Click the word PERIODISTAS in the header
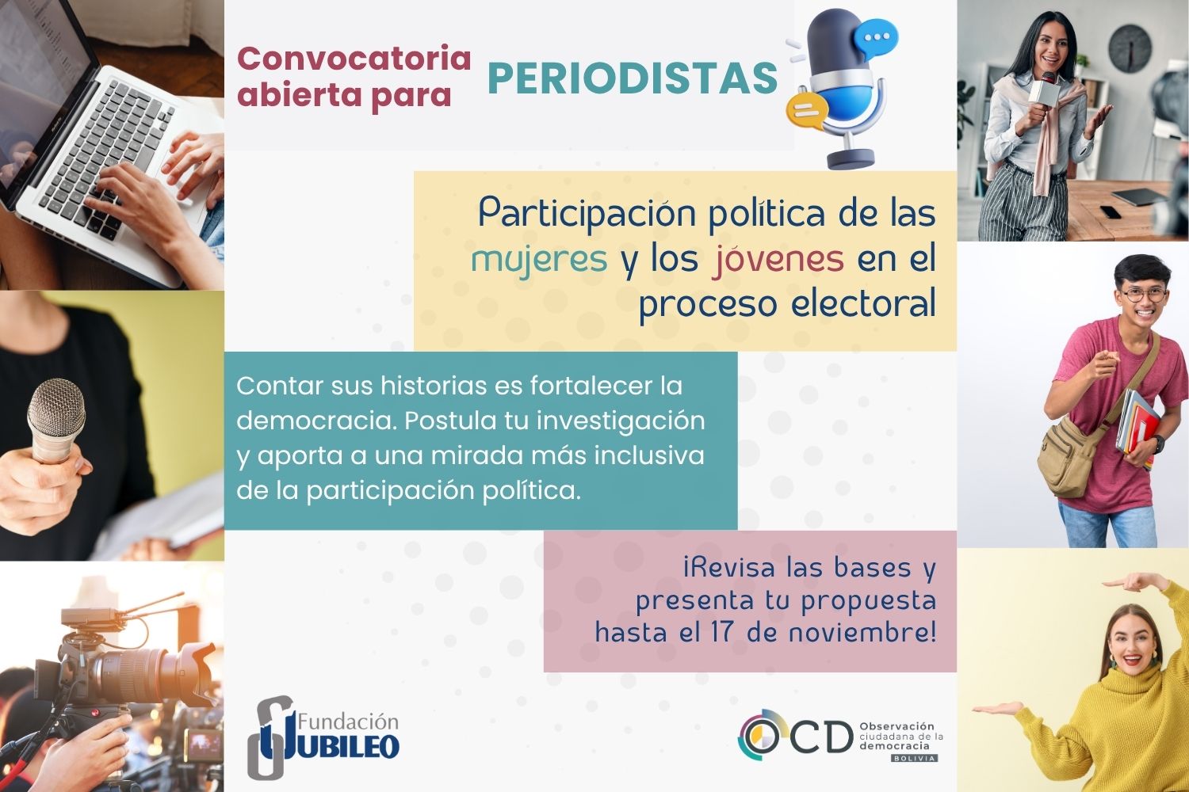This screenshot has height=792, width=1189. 633,78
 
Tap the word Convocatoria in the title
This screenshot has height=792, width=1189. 354,59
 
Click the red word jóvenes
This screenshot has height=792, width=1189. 778,260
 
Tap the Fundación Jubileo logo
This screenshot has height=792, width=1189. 323,737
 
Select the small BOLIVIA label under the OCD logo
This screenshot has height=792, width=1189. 914,758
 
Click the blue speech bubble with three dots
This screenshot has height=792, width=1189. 876,38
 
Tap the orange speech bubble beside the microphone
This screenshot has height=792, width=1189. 807,112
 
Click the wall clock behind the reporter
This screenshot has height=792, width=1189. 1130,49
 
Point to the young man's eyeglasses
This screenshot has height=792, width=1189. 1145,295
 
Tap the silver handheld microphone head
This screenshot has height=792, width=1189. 56,406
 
